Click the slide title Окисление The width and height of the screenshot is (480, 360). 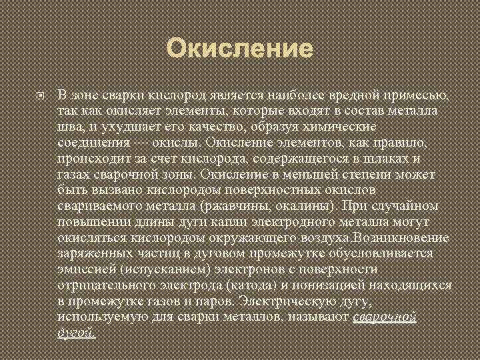(239, 49)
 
